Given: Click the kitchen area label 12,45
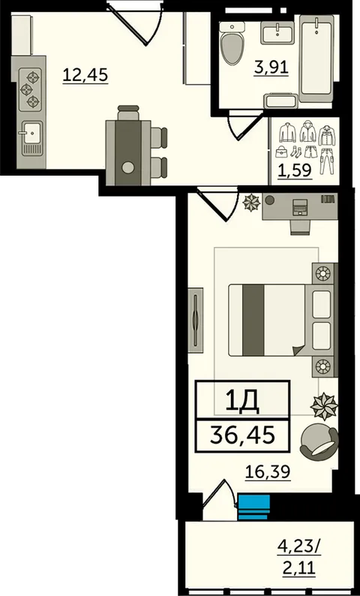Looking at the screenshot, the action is (x=85, y=75).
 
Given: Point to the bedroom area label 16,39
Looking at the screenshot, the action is (x=268, y=472).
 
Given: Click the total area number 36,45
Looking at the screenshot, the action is (x=242, y=436).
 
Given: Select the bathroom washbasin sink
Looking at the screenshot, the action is (x=277, y=32).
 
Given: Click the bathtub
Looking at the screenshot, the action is (x=316, y=59).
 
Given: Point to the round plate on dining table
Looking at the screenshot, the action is (x=128, y=167).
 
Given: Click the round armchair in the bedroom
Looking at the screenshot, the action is (x=319, y=441).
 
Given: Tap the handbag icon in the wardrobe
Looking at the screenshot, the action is (x=281, y=152).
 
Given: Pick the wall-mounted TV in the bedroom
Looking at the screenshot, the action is (x=196, y=320).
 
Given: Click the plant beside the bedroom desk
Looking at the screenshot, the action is (x=252, y=202).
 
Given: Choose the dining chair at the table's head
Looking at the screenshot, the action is (x=128, y=113).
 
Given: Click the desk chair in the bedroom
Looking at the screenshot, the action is (x=301, y=227).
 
